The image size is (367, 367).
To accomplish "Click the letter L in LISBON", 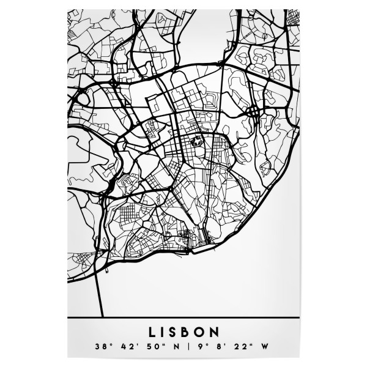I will (x=152, y=332).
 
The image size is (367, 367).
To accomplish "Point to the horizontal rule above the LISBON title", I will (x=183, y=319).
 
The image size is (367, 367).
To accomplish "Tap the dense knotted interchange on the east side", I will (x=253, y=111).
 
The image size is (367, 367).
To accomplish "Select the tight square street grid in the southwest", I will (x=130, y=216).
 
